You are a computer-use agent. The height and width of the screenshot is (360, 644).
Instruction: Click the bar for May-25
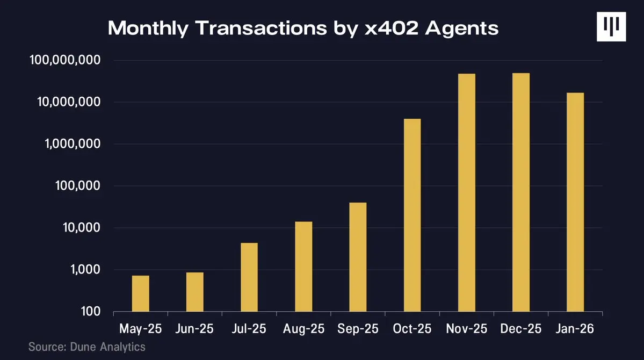click(x=141, y=293)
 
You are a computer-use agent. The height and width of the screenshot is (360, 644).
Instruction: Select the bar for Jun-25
click(x=195, y=292)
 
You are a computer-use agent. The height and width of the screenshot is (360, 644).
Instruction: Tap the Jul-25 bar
click(x=249, y=277)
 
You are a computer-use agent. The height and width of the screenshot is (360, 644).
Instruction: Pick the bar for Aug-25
click(x=303, y=267)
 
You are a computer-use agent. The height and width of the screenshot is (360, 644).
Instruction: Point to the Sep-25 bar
click(x=358, y=257)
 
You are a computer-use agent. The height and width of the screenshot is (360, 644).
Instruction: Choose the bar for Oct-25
click(x=412, y=215)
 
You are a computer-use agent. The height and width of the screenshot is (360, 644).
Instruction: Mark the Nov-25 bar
click(x=467, y=192)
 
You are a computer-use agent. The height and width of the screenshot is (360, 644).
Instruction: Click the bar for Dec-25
click(x=521, y=192)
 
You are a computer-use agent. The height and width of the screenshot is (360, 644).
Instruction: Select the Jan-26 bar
click(x=575, y=202)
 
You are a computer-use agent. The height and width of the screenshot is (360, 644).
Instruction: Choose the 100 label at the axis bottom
click(x=91, y=312)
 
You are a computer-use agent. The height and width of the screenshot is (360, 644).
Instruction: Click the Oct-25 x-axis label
click(x=412, y=328)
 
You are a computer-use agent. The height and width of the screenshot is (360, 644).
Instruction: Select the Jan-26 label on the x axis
click(x=575, y=328)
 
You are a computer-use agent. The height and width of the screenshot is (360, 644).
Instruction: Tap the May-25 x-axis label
click(x=141, y=328)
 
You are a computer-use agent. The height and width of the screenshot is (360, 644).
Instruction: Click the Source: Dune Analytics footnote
click(x=86, y=347)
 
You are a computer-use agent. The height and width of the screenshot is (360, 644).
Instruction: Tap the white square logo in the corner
click(x=611, y=26)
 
